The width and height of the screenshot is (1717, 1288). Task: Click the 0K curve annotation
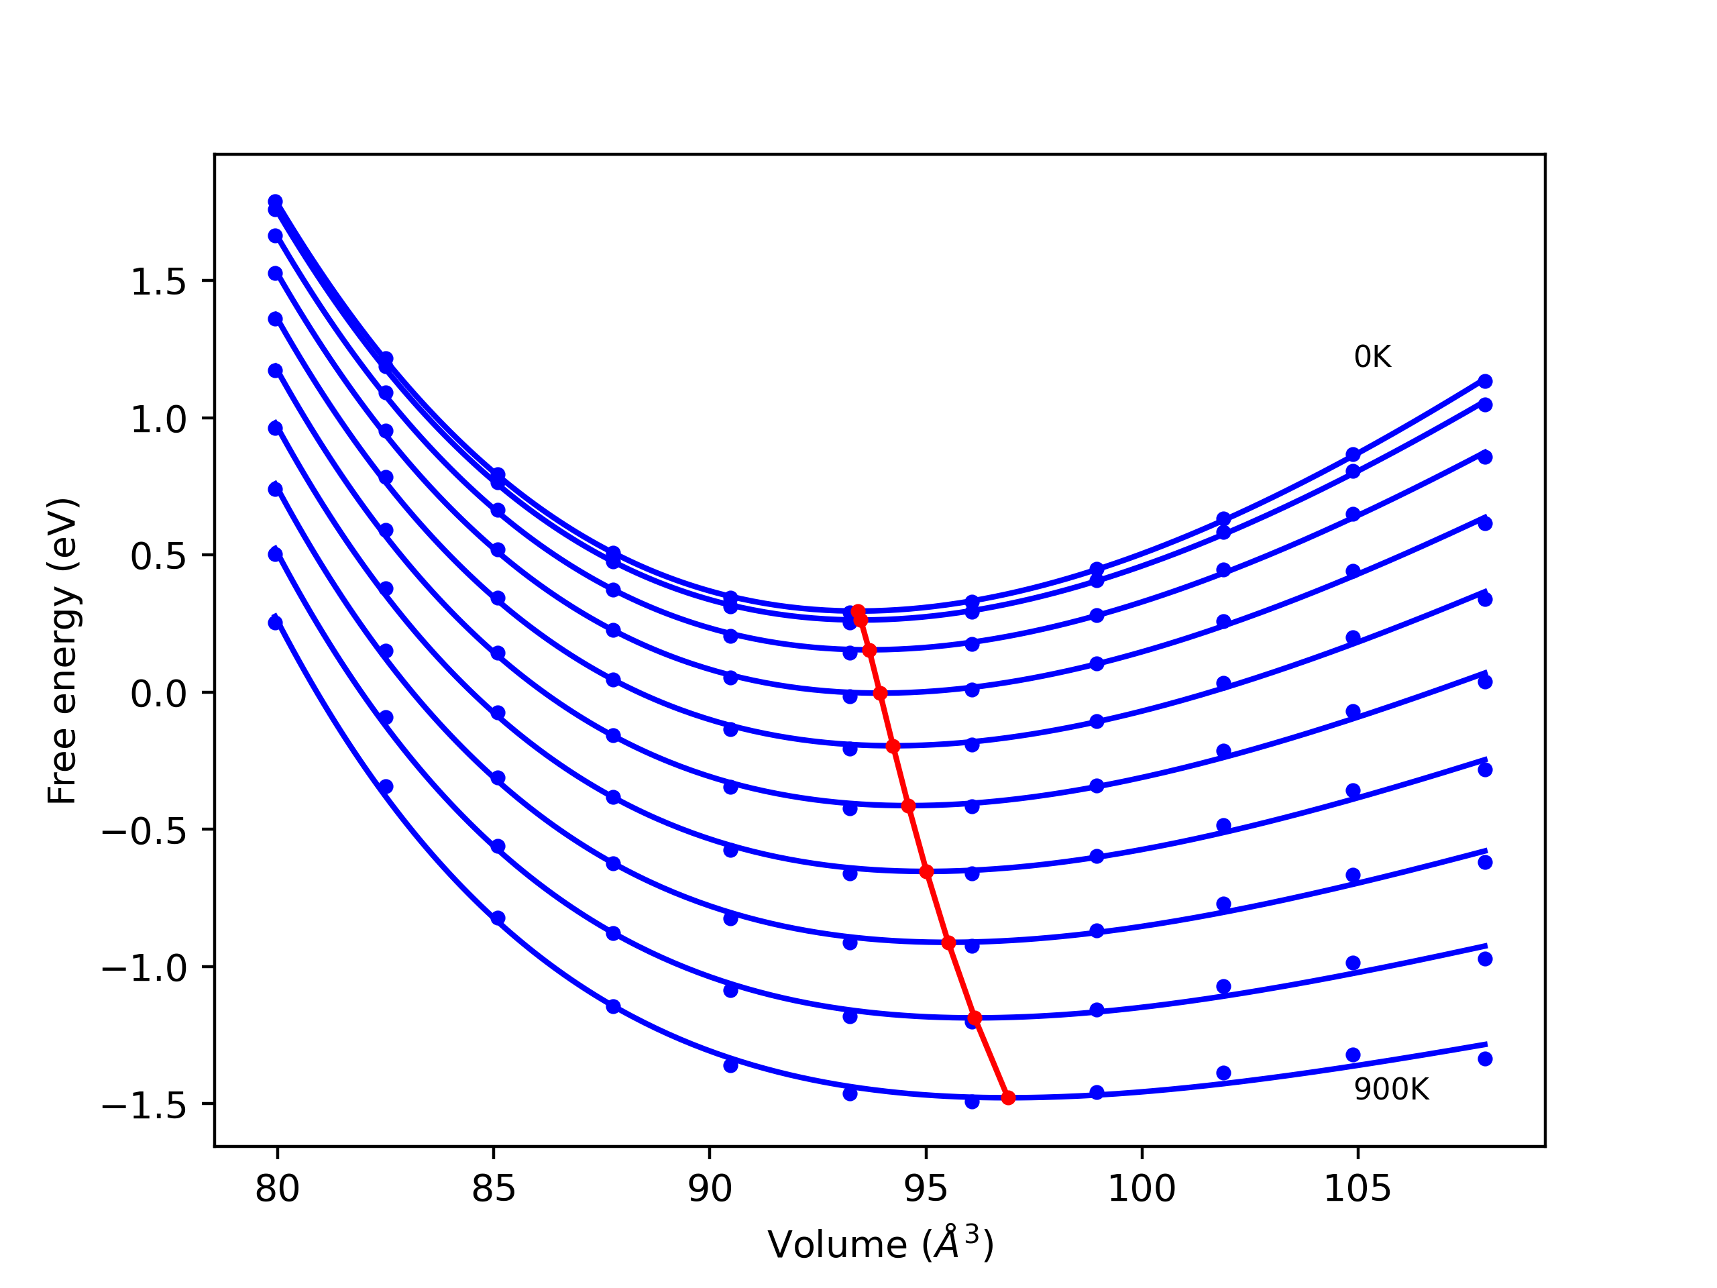[x=1372, y=357]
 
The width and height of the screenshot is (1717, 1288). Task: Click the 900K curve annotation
[x=1391, y=1090]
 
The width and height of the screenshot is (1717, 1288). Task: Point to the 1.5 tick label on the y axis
[x=158, y=282]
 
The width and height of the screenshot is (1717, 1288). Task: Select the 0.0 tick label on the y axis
[x=158, y=693]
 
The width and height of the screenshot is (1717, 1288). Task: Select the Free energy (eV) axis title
[x=62, y=651]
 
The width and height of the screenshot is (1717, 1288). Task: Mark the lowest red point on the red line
[x=1008, y=1097]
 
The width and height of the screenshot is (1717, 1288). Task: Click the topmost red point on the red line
[x=858, y=612]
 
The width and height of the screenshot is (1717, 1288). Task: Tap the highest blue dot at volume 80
[x=276, y=202]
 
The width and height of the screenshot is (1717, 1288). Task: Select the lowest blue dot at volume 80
[x=276, y=623]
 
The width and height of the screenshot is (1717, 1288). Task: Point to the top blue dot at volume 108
[x=1485, y=381]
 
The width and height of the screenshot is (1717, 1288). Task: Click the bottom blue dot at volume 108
[x=1485, y=1059]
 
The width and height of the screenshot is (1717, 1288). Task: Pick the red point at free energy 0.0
[x=880, y=693]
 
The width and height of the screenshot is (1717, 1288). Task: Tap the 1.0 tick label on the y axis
[x=158, y=420]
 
